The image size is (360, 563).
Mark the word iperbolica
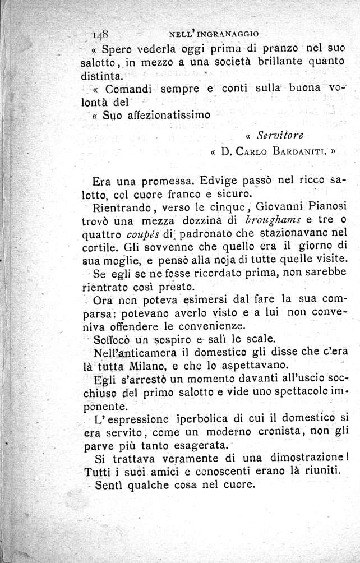[x=204, y=419]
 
